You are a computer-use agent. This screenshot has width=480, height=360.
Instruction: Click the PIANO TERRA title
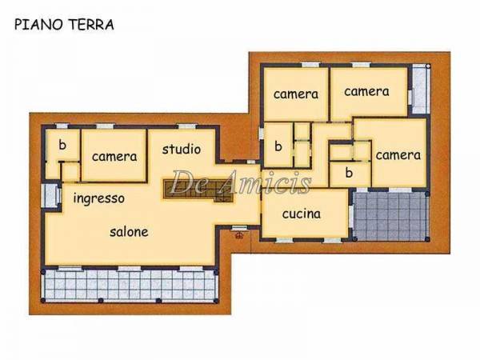[64, 25]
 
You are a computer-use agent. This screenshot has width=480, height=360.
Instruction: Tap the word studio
[182, 149]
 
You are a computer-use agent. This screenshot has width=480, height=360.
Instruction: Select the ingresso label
[99, 198]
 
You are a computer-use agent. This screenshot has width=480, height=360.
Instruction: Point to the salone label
[129, 232]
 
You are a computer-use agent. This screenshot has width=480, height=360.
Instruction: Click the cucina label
[302, 214]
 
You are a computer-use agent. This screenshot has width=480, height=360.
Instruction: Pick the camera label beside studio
[114, 157]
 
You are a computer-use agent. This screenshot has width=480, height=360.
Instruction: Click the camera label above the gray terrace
[398, 155]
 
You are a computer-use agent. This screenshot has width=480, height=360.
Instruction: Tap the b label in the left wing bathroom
[62, 145]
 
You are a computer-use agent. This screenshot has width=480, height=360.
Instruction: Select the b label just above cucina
[349, 173]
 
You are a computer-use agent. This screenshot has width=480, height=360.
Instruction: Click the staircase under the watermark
[198, 191]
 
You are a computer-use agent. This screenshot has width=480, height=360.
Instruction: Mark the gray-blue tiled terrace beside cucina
[390, 215]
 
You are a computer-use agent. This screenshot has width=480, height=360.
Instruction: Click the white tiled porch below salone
[130, 286]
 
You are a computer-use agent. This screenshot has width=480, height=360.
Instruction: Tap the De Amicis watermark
[241, 182]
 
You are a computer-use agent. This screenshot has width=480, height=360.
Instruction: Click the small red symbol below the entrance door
[239, 235]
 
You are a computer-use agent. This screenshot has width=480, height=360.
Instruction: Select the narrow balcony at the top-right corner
[421, 90]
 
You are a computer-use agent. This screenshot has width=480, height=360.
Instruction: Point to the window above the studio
[187, 126]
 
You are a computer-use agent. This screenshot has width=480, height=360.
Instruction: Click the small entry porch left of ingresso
[51, 196]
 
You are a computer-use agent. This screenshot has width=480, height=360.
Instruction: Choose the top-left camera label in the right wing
[296, 94]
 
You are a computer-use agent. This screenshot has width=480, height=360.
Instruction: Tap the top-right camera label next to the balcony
[366, 91]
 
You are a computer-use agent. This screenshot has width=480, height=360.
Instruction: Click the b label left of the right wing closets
[278, 146]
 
